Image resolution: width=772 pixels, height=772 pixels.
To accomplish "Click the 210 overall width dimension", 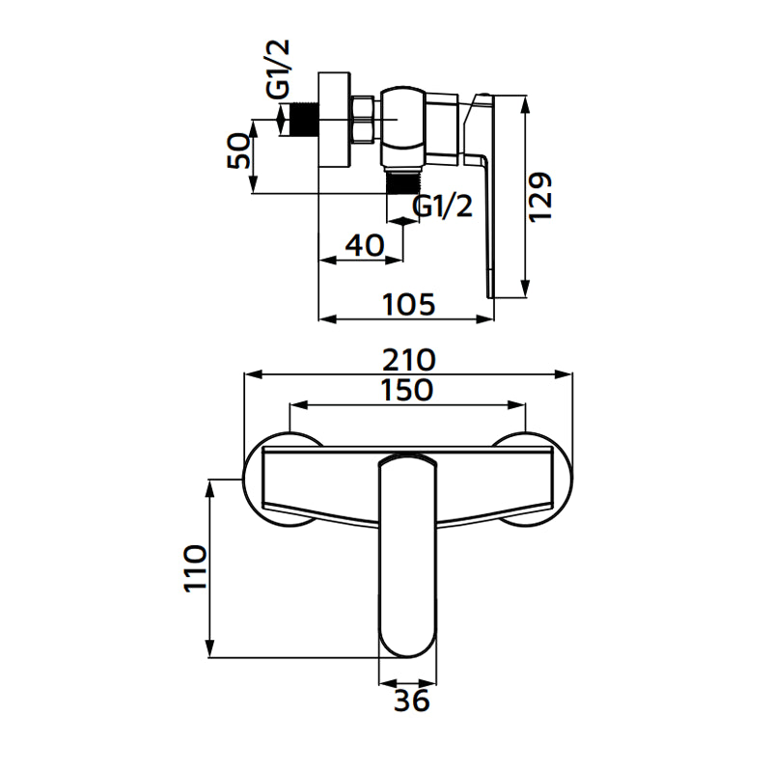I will tap(408, 360).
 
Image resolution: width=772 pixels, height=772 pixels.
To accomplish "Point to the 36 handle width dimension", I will tap(411, 702).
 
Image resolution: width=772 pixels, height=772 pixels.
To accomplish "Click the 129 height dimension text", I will tap(541, 197).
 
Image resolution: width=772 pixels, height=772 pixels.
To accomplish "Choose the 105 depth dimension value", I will tap(409, 304).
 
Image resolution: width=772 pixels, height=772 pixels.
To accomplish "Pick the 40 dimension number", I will tap(364, 245).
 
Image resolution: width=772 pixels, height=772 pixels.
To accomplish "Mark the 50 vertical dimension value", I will tap(240, 152).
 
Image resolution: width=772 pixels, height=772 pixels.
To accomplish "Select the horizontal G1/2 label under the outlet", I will tap(443, 206).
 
